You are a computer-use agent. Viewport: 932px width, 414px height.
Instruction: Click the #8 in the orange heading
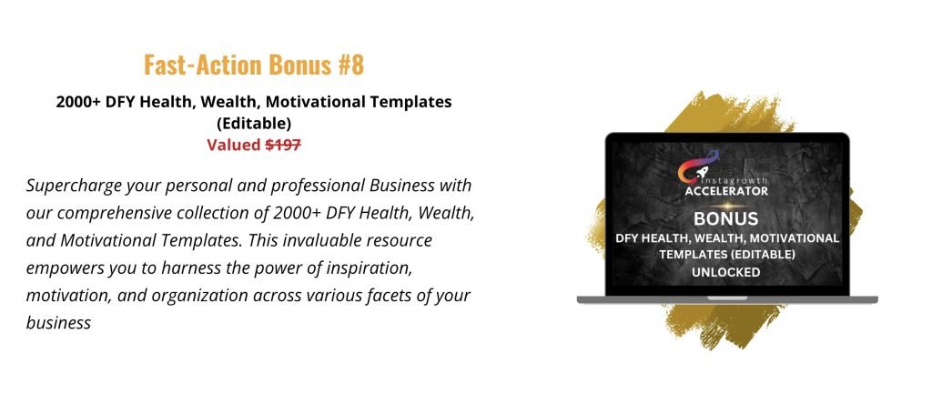tap(350, 65)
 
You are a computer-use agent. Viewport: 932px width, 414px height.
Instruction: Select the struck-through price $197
tap(283, 145)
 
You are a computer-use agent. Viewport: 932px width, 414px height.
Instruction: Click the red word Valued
tap(234, 145)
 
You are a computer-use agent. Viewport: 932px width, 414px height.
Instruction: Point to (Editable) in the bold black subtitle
tap(254, 124)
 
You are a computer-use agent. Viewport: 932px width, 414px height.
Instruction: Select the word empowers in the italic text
tap(65, 268)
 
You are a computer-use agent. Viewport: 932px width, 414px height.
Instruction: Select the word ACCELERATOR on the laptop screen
tap(726, 191)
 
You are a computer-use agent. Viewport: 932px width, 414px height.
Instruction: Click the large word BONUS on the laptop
tap(725, 218)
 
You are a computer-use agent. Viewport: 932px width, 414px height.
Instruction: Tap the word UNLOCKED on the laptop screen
tap(725, 273)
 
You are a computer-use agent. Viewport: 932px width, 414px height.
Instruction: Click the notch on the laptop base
tap(727, 298)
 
